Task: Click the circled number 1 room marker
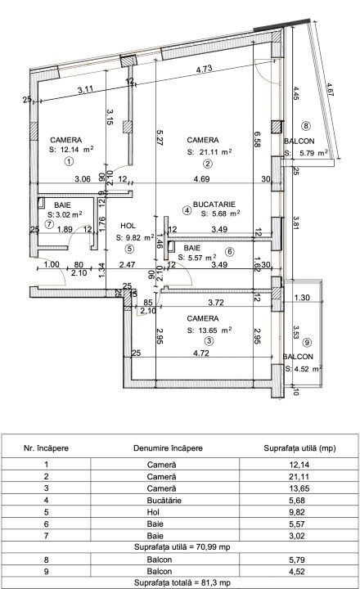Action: coord(69,161)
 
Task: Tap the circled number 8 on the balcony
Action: coord(306,126)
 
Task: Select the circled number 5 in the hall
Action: coord(129,249)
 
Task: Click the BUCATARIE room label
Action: coord(214,205)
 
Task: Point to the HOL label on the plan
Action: coord(128,226)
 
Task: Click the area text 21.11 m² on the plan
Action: coord(214,152)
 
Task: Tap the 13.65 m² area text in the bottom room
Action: coord(214,330)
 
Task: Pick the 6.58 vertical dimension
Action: coord(257,139)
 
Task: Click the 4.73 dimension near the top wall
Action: coord(205,69)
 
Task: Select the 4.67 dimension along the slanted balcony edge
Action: coord(330,91)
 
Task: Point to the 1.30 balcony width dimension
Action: coord(302,298)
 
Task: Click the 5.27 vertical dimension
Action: coord(159,138)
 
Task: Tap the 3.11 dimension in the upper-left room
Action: coord(85,90)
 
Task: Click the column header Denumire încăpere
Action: coord(168,448)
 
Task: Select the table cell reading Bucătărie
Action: coord(164,501)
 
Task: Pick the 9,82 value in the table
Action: coord(297,512)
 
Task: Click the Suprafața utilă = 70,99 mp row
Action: coord(182,547)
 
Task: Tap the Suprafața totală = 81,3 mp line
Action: coord(182,582)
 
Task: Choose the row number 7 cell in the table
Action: coord(46,536)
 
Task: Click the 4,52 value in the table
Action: coord(297,571)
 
